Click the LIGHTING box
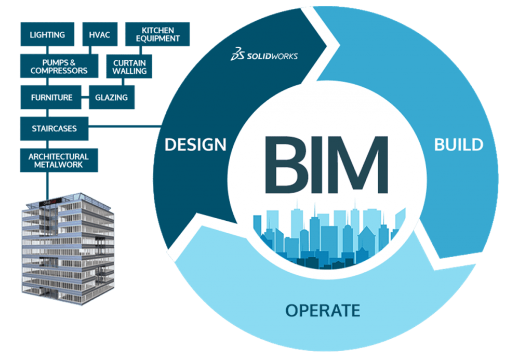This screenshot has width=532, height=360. pos(47,35)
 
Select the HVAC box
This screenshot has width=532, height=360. pos(99,35)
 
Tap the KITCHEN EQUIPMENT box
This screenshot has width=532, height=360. pos(158,34)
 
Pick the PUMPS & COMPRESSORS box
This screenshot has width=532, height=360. pos(59,66)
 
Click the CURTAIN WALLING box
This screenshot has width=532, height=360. pos(129,66)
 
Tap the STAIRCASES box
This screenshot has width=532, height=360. pos(54,128)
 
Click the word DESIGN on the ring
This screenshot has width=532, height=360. pos(195,145)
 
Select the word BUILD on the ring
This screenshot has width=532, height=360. pos(458,145)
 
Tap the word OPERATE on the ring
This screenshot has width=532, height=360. pos(322,311)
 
